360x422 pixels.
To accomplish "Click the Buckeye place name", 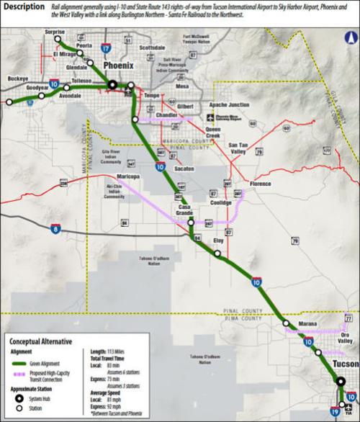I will (x=18, y=76).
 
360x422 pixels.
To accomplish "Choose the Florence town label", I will (x=259, y=184).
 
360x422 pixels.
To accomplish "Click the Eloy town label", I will (x=219, y=241).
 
